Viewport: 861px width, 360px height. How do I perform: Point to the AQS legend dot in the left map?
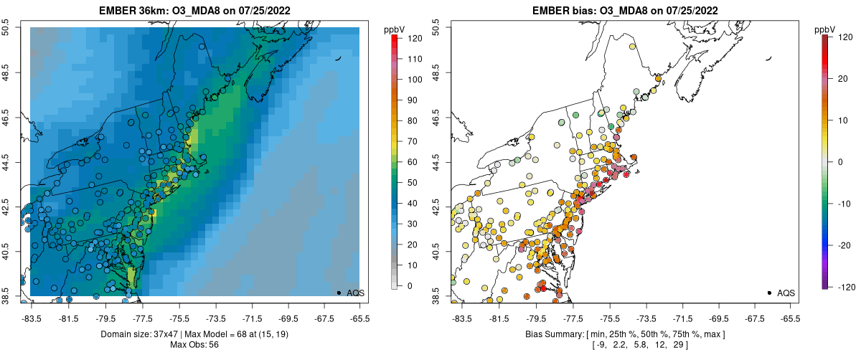point(339,293)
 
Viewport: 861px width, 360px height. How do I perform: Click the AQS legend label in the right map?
point(786,293)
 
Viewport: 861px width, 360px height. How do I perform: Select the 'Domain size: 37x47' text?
point(146,334)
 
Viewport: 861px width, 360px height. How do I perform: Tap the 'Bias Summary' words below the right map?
point(556,334)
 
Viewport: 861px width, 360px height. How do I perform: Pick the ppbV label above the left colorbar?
point(394,29)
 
